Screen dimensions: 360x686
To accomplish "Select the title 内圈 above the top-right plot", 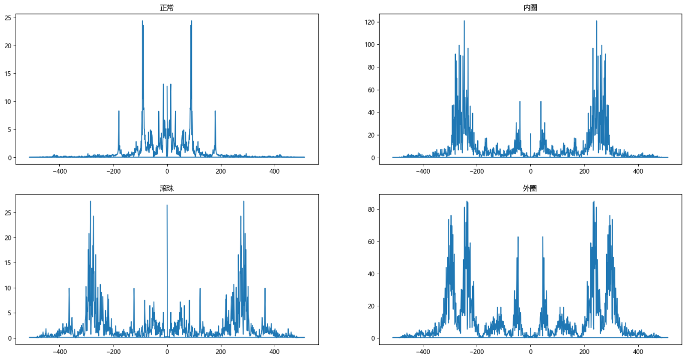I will coord(530,8).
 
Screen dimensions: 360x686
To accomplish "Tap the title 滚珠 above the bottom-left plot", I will coord(167,188).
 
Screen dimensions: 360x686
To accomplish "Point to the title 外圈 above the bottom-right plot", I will coord(530,188).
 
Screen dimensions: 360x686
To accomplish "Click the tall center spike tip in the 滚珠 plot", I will coord(167,205).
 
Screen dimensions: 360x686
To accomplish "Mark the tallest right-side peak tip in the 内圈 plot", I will coord(597,21).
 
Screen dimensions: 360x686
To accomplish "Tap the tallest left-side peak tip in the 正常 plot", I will coord(143,21).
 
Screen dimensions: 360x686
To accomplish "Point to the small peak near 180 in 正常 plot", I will coord(215,111).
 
